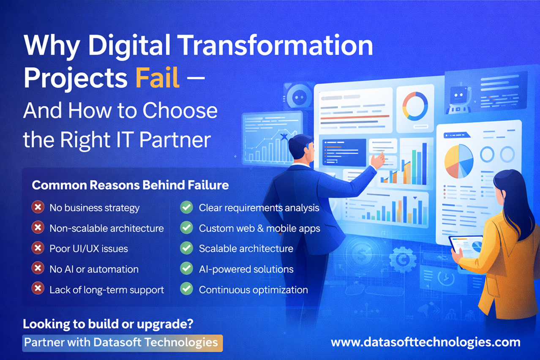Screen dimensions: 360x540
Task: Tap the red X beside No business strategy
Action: coord(38,207)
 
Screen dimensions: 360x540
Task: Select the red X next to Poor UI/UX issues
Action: coord(38,248)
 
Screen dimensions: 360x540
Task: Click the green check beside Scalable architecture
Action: coord(186,248)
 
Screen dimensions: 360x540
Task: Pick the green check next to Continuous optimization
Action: coord(186,289)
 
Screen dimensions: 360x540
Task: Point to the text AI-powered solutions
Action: coord(246,269)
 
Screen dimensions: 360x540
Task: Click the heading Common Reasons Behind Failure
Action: coord(130,185)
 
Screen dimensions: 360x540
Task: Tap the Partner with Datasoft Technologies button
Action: coord(123,342)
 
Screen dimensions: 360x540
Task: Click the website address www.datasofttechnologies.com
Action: coord(425,342)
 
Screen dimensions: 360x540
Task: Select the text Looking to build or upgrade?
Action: coord(108,324)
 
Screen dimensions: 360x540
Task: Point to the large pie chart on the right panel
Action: coord(459,161)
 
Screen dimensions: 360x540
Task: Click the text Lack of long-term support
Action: coord(106,290)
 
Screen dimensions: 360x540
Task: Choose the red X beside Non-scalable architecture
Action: coord(38,228)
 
